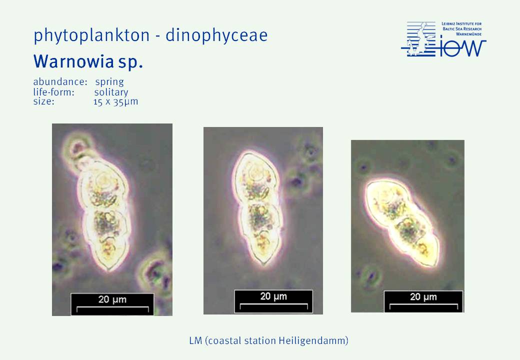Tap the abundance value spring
point(109,82)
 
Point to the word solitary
point(111,92)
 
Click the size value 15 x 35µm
point(115,102)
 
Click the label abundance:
point(60,81)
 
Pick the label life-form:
point(53,92)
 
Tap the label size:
point(43,101)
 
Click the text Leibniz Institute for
point(461,24)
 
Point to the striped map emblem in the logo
point(418,39)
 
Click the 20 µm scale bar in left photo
point(112,304)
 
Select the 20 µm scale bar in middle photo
point(273,301)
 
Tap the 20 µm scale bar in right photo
point(423,301)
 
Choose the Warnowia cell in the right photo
point(402,222)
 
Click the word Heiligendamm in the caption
point(312,341)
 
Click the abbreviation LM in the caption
point(195,340)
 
